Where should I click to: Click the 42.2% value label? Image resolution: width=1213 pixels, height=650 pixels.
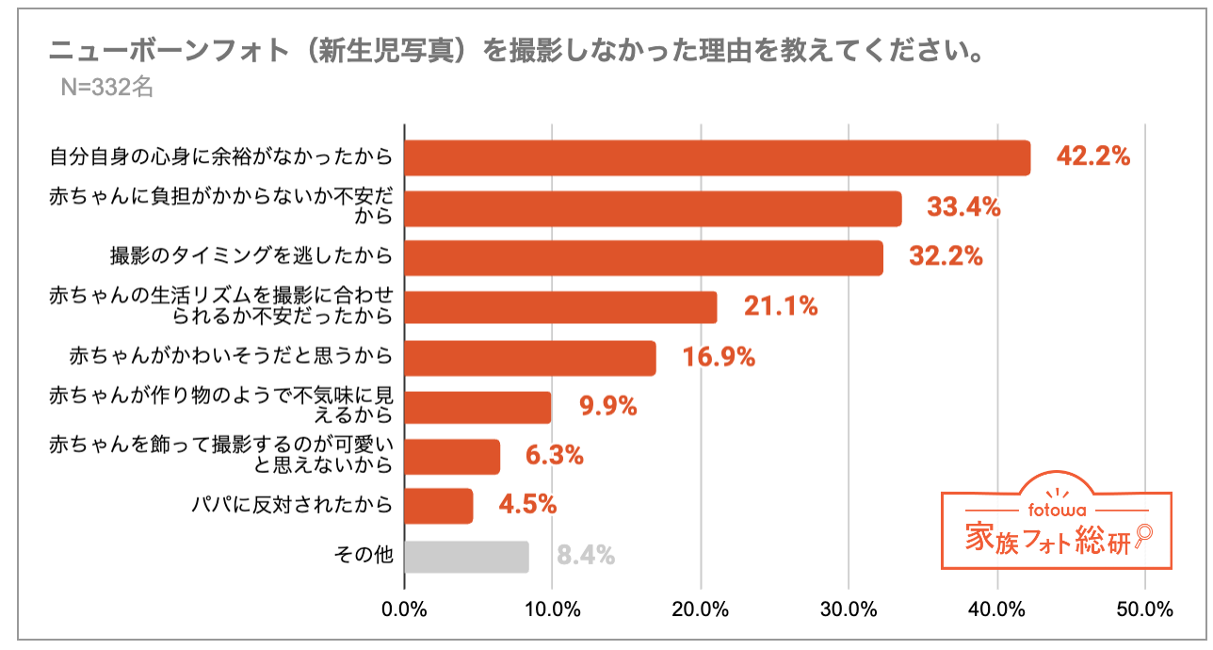1092,157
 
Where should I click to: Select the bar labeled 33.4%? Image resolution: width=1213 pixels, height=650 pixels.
653,208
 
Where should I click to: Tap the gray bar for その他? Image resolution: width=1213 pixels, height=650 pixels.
466,556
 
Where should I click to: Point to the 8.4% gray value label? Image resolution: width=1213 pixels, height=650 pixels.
586,556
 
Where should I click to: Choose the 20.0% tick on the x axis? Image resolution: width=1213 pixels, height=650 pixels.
701,609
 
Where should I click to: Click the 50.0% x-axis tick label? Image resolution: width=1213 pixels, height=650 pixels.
1144,609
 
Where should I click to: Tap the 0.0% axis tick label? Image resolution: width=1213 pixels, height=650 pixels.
405,609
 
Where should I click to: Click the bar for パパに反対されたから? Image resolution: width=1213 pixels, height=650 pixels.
439,506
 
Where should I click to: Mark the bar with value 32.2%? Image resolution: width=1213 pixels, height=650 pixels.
643,257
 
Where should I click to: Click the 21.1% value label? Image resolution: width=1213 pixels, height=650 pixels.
781,306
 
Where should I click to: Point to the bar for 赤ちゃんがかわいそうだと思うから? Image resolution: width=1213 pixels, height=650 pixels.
530,358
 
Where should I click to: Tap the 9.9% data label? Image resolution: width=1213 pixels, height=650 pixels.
607,407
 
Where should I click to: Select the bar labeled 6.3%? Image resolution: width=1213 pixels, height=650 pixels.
452,457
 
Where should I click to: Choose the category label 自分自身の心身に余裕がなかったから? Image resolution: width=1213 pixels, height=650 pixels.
220,157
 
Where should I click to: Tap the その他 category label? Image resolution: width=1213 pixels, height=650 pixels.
364,556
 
